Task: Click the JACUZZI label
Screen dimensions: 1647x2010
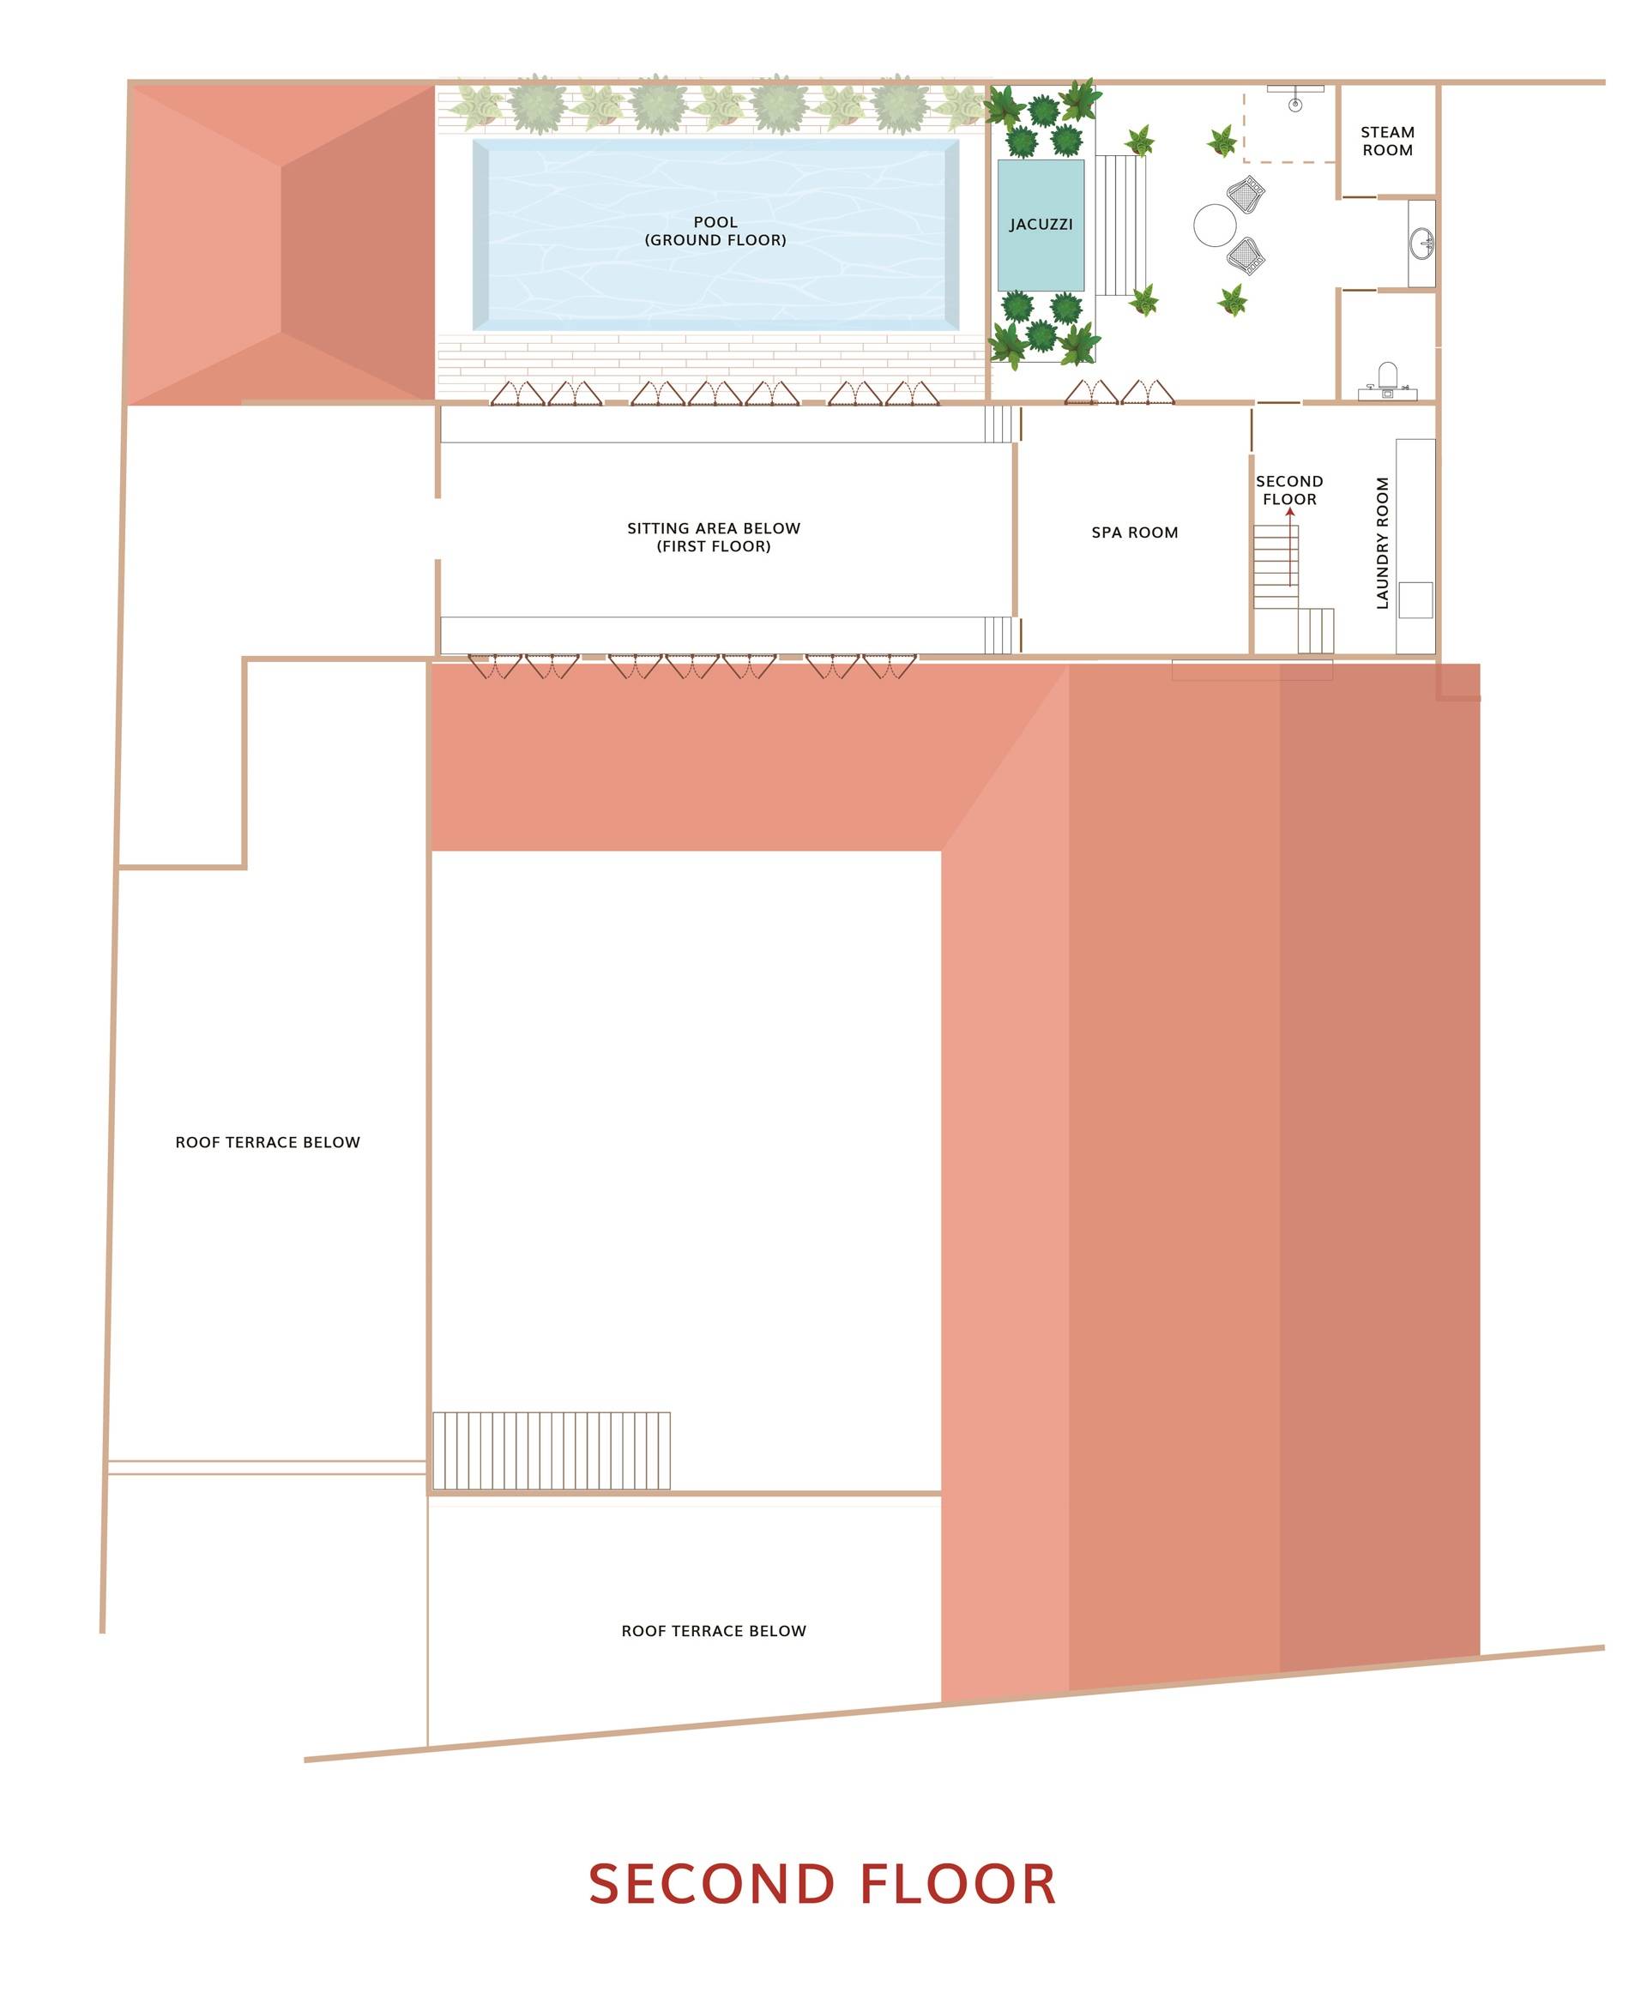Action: click(x=1041, y=225)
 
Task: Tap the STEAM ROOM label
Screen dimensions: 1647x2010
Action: click(x=1387, y=141)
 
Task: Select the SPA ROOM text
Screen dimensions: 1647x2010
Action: click(x=1135, y=533)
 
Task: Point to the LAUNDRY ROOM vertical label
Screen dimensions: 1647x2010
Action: click(x=1382, y=543)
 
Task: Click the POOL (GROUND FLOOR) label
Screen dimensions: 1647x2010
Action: click(x=715, y=232)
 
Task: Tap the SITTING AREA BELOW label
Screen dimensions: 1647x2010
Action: click(x=714, y=528)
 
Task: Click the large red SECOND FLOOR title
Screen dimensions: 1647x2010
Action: click(x=823, y=1885)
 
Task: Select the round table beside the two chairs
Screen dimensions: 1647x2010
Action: click(x=1215, y=226)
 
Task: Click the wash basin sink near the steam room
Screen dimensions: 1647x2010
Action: click(x=1422, y=244)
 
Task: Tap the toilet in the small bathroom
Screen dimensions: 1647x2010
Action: click(x=1387, y=381)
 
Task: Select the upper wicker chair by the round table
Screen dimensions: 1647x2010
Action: click(x=1246, y=195)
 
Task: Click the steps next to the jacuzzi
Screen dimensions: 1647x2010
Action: click(x=1120, y=226)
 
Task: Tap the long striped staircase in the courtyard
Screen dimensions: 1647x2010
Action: click(x=552, y=1451)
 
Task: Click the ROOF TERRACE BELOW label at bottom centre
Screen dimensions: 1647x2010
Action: click(x=714, y=1632)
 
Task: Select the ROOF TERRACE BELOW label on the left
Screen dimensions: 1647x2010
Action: click(x=268, y=1143)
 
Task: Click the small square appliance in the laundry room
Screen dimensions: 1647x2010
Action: click(x=1415, y=600)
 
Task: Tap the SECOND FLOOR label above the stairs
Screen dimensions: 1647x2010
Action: click(x=1289, y=490)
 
